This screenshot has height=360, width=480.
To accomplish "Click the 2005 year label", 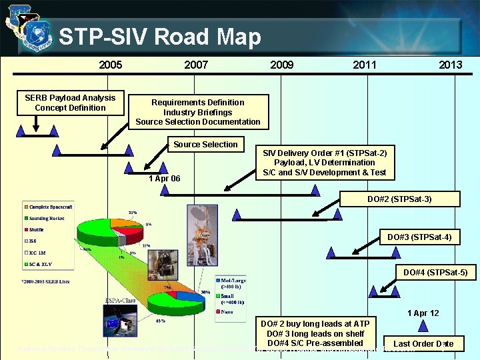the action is tap(110, 65).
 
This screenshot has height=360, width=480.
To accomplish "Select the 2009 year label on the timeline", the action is tap(281, 65).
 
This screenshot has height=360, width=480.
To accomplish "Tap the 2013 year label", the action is tap(450, 65).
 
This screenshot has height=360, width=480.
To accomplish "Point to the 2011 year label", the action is tap(365, 65).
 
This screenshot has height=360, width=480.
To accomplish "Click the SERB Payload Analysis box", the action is tap(70, 103).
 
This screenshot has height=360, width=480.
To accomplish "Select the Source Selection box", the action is tap(205, 145).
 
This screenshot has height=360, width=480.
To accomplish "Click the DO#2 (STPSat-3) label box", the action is tap(399, 199).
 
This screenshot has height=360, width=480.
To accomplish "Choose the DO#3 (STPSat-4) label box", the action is tap(419, 237).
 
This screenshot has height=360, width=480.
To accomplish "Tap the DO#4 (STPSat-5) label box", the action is tap(435, 272).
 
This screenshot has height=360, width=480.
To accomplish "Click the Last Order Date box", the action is tap(423, 344).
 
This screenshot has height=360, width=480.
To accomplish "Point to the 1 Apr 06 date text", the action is tap(164, 179).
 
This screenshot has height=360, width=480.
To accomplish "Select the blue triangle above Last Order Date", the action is tap(423, 326).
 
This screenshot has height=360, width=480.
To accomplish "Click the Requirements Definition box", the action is tap(198, 112).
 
